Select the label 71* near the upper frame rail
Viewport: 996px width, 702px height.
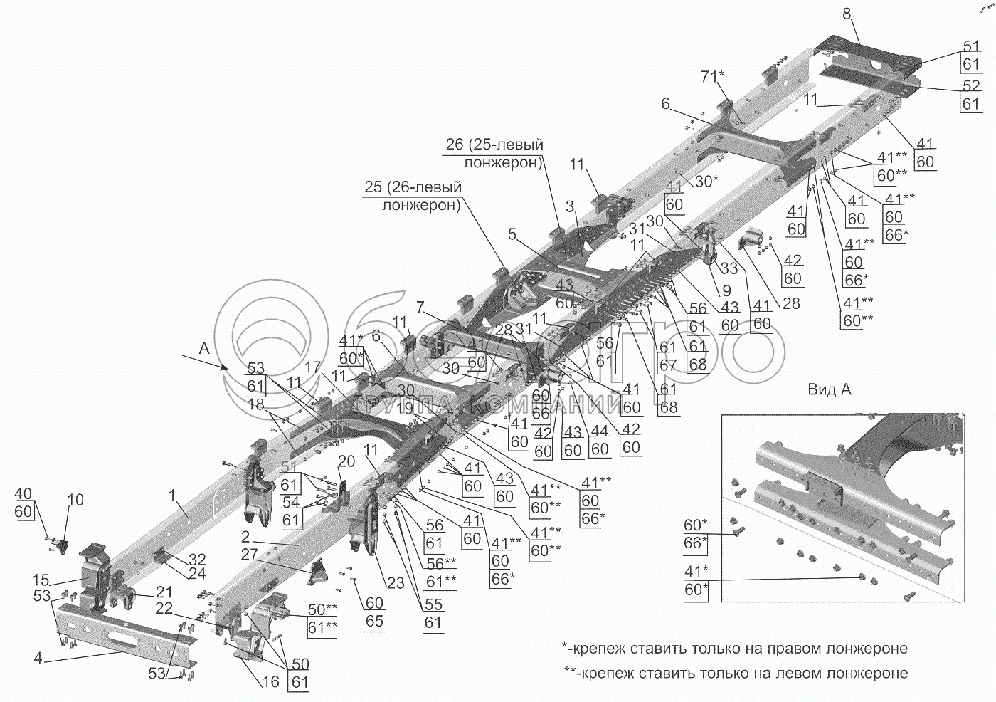711,75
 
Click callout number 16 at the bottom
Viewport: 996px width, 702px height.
271,681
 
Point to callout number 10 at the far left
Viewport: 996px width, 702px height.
75,500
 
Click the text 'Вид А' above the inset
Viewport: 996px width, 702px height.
829,389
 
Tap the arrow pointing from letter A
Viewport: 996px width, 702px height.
213,361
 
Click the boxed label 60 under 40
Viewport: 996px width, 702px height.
23,510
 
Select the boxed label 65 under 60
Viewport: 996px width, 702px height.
373,620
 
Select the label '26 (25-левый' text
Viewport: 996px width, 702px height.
494,145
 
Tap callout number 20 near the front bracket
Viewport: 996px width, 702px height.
346,461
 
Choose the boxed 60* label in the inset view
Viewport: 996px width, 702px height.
694,526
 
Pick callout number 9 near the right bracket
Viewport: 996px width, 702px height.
726,290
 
